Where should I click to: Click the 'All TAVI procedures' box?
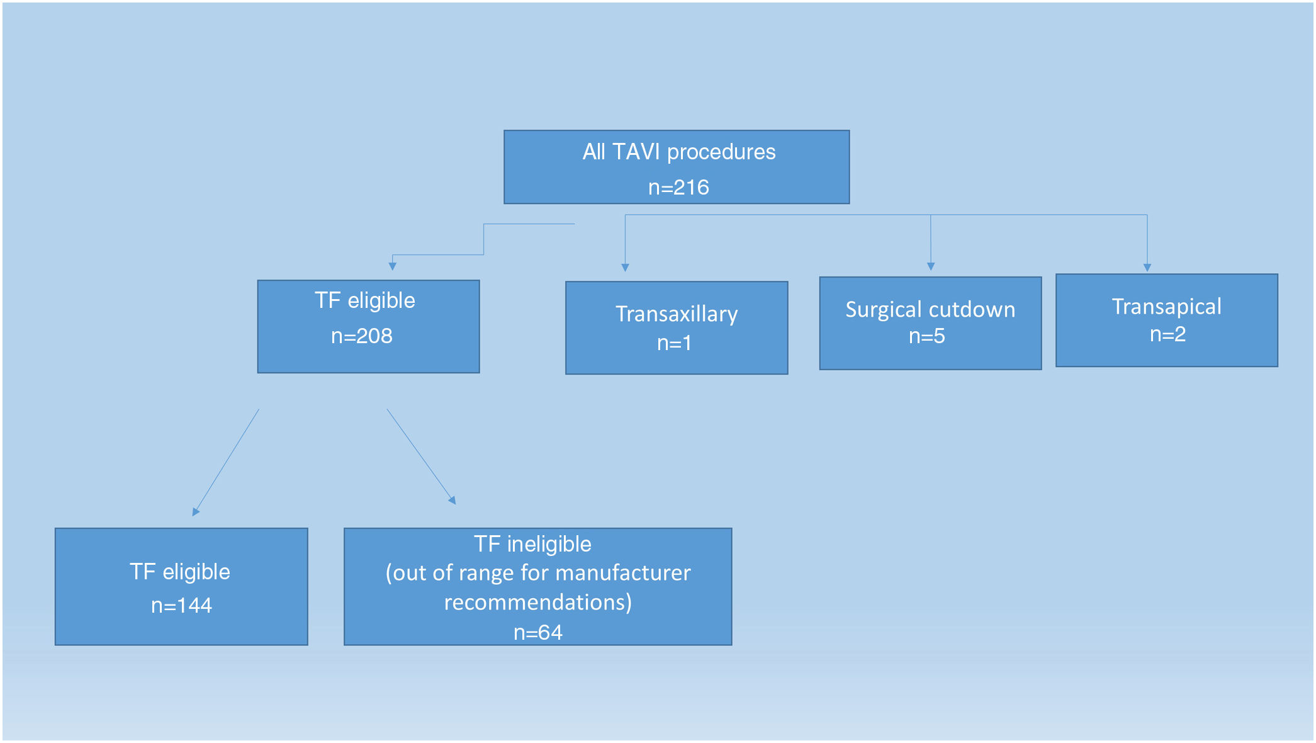click(677, 167)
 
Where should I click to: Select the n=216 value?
click(678, 188)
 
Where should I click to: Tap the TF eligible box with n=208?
click(368, 326)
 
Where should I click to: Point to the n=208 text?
click(362, 336)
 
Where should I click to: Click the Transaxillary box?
click(677, 327)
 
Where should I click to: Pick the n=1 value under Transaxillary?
click(674, 343)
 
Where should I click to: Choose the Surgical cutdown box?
click(930, 323)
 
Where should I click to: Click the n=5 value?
click(926, 336)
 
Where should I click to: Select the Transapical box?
click(1166, 320)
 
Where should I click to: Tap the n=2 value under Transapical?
click(1167, 334)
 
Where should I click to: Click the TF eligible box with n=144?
click(181, 586)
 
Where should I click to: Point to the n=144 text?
click(181, 606)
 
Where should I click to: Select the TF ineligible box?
click(537, 586)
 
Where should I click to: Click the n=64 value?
click(537, 632)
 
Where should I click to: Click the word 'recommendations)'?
click(537, 603)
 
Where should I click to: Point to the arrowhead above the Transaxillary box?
click(625, 268)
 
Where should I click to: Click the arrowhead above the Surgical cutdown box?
click(931, 266)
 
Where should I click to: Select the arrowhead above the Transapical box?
click(1147, 268)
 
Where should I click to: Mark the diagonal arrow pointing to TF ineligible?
click(420, 456)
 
